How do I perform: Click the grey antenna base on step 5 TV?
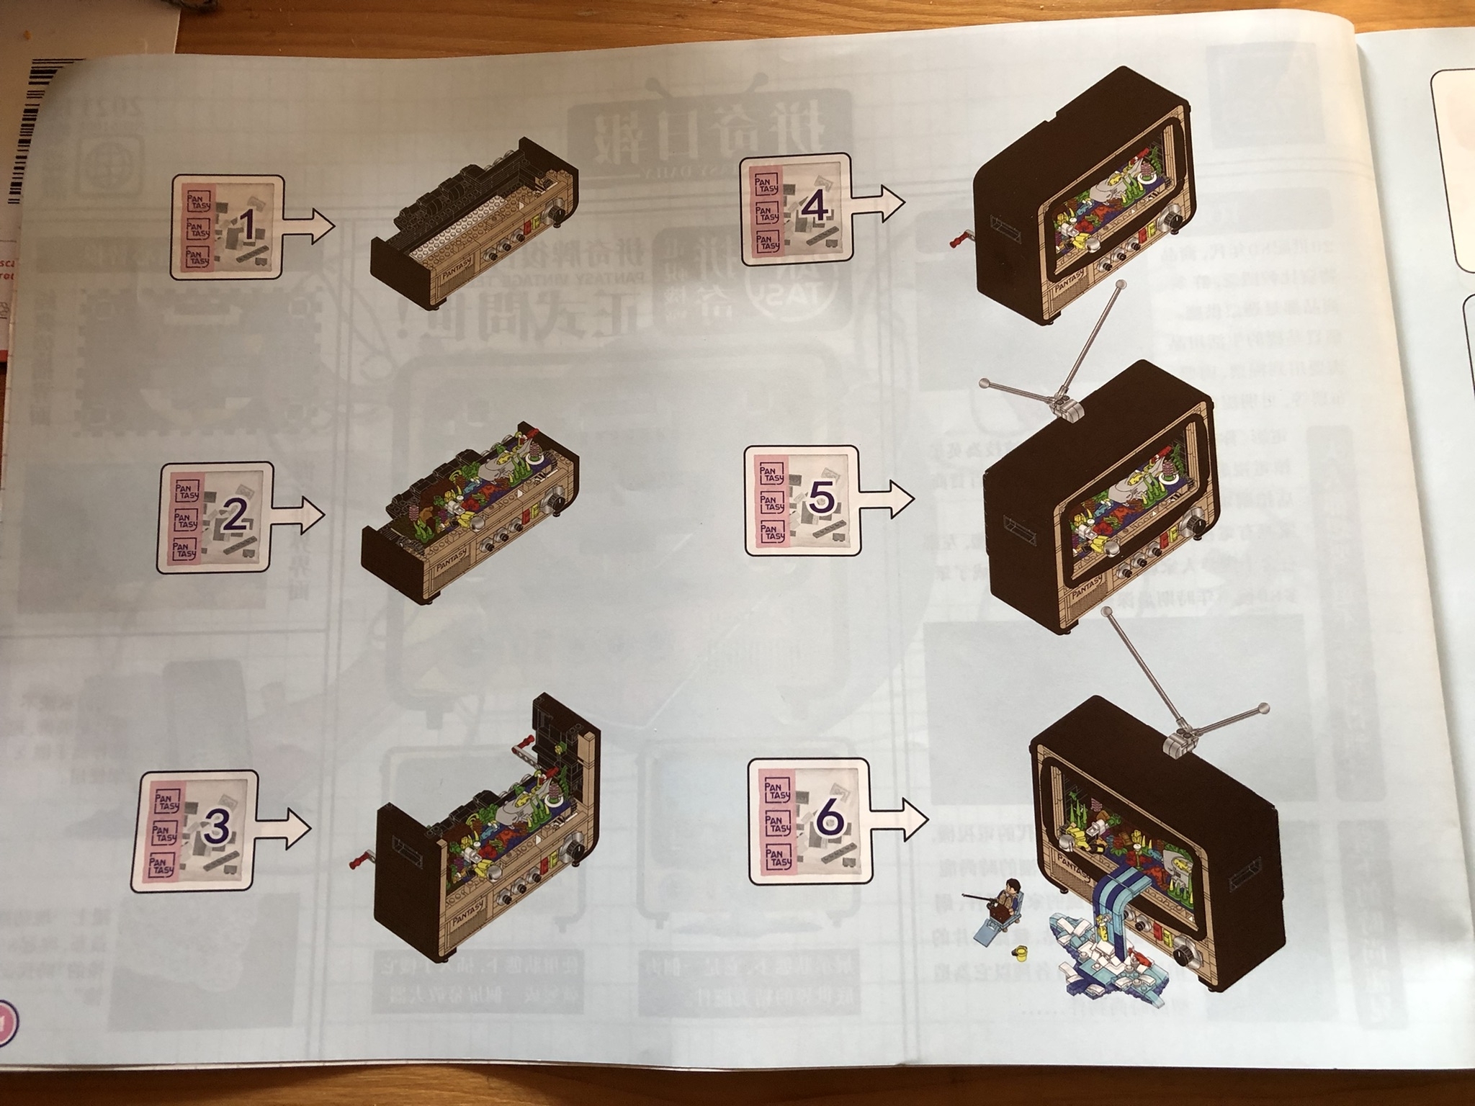pyautogui.click(x=1067, y=408)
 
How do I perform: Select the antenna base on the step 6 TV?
pyautogui.click(x=1178, y=742)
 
